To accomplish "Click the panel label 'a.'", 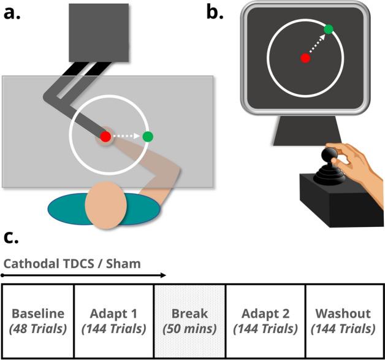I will [x=14, y=12].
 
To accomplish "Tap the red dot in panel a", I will [x=105, y=137].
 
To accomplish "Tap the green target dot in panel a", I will [x=147, y=137].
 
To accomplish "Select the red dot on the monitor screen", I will [x=305, y=58].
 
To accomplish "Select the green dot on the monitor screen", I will [x=329, y=29].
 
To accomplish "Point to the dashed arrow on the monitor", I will [x=316, y=44].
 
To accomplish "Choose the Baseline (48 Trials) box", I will [x=39, y=320].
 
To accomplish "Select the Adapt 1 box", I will [x=114, y=320].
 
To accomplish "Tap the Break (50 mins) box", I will [x=190, y=320].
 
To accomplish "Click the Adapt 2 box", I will [x=265, y=320].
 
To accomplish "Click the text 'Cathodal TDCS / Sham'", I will [x=72, y=264].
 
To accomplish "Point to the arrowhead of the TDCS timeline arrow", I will [x=163, y=276].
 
